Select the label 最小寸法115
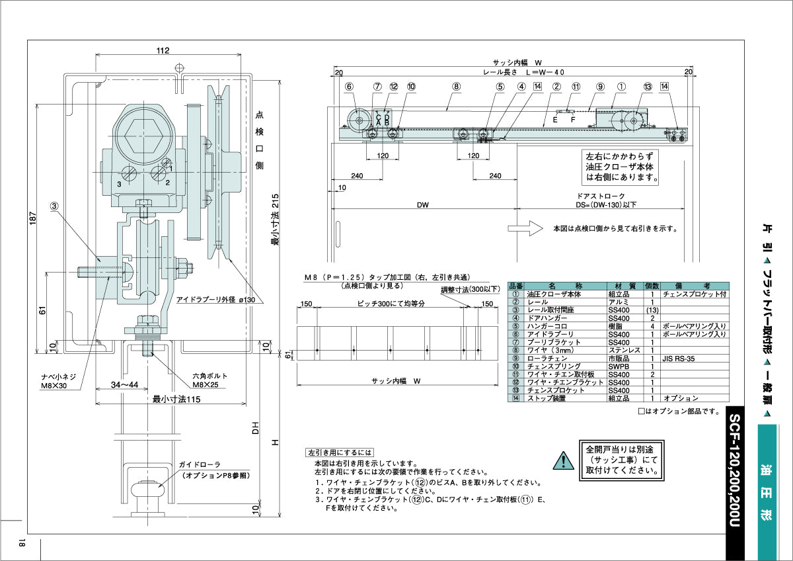point(176,399)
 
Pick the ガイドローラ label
point(198,465)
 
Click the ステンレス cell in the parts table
point(623,351)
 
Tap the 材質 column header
point(623,286)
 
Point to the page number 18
point(22,544)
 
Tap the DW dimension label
point(423,205)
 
